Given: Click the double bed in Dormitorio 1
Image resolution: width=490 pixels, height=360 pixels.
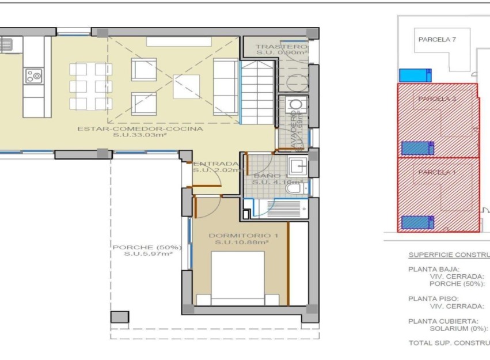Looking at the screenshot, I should (x=238, y=279).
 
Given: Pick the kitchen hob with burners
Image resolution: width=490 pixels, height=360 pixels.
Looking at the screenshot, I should (x=33, y=75).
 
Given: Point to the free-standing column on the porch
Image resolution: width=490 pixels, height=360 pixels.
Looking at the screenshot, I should (x=120, y=317).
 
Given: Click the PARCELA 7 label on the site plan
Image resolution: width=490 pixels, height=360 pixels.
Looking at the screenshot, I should (x=436, y=40).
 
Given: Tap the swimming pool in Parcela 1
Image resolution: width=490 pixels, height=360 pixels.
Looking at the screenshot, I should (x=417, y=222).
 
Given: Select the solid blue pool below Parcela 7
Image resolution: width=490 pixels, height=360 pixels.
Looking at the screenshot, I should (x=415, y=75).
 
